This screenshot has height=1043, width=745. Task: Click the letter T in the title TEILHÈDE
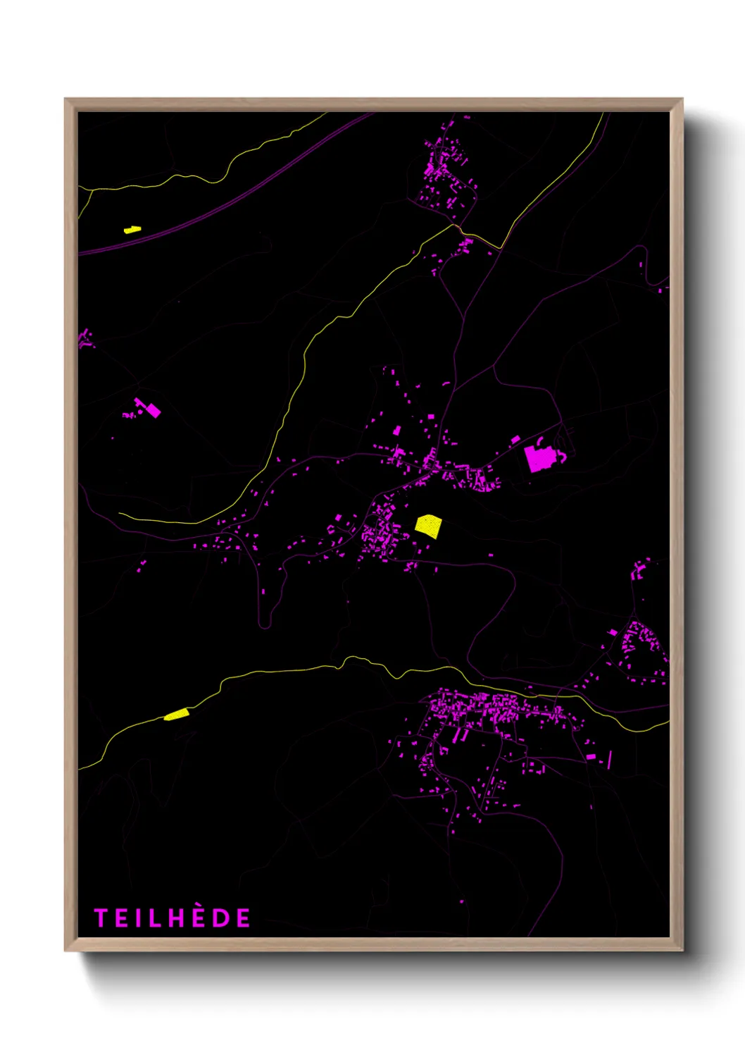(101, 918)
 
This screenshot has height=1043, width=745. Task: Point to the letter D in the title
(222, 918)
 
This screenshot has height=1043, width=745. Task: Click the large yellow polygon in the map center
(428, 526)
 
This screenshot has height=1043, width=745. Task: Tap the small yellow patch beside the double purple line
(132, 229)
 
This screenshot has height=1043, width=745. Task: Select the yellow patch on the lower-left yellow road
(177, 715)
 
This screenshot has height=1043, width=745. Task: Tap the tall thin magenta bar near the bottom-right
(609, 759)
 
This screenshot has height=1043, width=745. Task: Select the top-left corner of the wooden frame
(65, 99)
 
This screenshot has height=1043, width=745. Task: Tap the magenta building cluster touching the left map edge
(85, 338)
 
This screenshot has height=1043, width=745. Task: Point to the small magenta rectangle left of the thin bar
(591, 757)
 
